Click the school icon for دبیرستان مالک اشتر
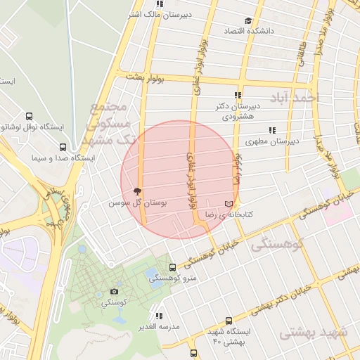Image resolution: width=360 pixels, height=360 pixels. click(160, 4)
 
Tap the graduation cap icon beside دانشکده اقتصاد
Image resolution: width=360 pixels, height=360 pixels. click(247, 21)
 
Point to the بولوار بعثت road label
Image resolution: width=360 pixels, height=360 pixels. click(146, 77)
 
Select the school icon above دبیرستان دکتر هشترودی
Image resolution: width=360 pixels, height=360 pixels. click(238, 95)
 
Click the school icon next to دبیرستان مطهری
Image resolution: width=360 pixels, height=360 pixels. click(272, 130)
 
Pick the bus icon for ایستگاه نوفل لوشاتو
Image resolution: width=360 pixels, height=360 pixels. click(29, 116)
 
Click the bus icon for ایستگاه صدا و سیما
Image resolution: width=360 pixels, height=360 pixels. click(63, 148)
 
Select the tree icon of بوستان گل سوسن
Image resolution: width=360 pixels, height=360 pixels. click(137, 191)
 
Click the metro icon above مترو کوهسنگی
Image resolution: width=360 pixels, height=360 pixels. click(173, 267)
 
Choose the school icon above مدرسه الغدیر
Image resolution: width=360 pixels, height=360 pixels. click(160, 316)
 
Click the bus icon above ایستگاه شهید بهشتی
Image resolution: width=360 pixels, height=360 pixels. click(226, 320)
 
